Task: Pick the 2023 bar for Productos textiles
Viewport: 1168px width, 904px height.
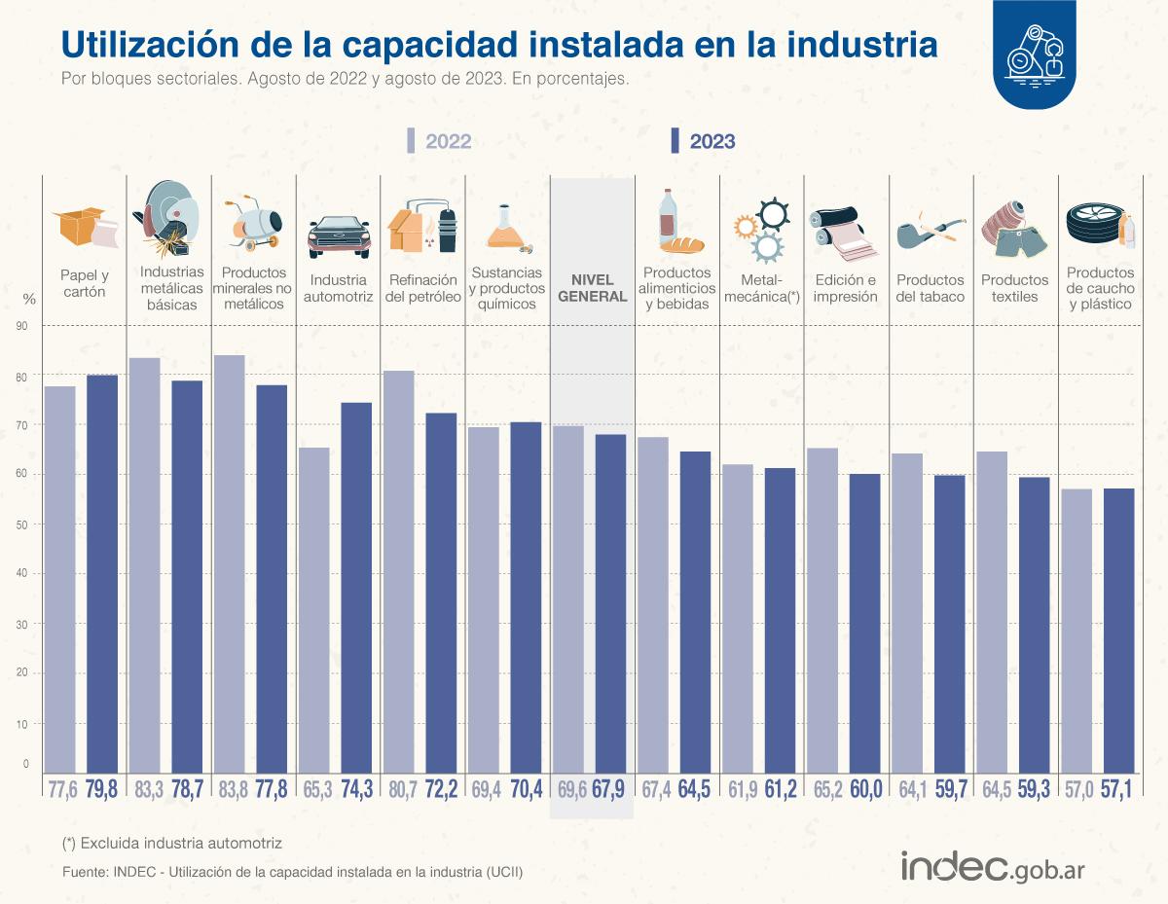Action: [x=1034, y=624]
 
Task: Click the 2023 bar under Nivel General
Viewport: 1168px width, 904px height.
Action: [x=610, y=602]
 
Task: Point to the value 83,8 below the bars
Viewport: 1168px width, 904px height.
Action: [x=230, y=789]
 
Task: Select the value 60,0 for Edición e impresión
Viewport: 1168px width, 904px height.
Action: [x=864, y=789]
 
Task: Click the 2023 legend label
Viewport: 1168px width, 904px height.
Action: [x=712, y=141]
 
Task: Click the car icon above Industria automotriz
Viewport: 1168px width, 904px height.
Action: [x=339, y=235]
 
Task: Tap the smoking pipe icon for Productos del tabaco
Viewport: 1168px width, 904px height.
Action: [x=929, y=232]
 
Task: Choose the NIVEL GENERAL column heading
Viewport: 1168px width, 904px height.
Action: [x=592, y=289]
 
